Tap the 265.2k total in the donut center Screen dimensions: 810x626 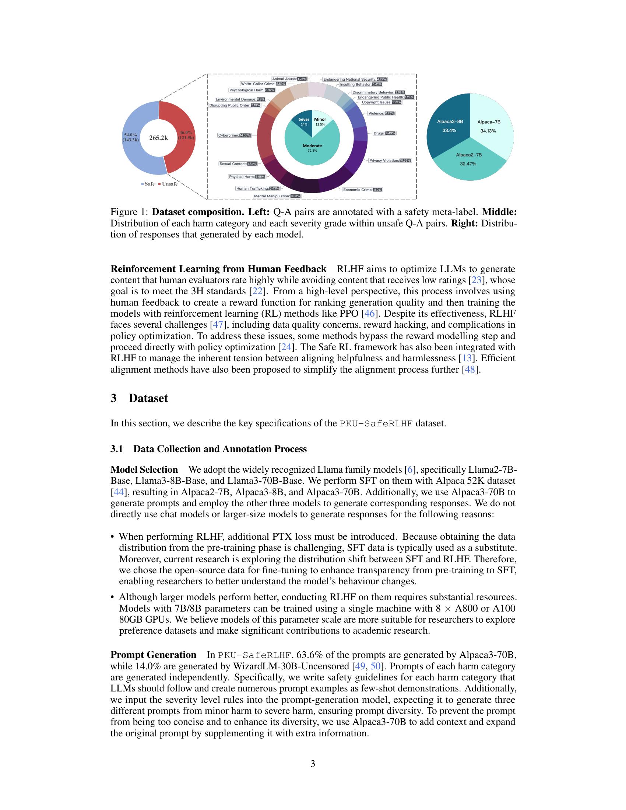tap(158, 138)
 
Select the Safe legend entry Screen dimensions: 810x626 tap(148, 184)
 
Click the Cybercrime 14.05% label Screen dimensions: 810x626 tap(234, 135)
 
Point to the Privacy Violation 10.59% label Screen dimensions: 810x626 tap(389, 161)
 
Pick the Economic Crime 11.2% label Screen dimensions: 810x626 tap(362, 190)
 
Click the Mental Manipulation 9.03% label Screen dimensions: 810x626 tap(277, 196)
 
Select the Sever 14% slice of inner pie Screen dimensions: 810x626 tap(302, 120)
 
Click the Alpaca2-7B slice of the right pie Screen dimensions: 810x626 tap(469, 159)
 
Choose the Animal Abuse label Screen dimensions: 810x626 tap(289, 79)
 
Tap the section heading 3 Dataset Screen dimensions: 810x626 tap(139, 398)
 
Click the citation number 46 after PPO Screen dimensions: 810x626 tap(369, 313)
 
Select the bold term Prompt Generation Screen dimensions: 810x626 tap(153, 655)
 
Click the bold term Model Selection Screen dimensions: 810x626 tap(144, 469)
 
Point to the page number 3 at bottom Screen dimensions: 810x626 tap(313, 764)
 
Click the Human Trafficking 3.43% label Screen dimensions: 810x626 tap(257, 189)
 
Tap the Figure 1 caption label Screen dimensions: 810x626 tap(129, 212)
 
